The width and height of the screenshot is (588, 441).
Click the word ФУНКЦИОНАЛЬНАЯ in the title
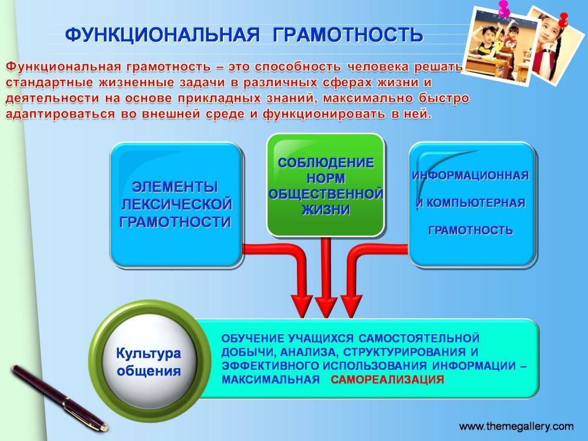[163, 35]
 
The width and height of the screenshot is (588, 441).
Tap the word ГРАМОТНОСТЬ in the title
[347, 35]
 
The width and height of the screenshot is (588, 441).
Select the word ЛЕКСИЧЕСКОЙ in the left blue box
[176, 204]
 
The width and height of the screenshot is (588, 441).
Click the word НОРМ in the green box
[326, 179]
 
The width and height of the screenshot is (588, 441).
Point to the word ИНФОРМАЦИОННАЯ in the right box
[470, 176]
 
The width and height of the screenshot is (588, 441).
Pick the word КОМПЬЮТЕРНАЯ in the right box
[476, 203]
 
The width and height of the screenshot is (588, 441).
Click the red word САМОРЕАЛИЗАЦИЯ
[388, 379]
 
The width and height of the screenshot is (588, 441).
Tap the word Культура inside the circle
[149, 353]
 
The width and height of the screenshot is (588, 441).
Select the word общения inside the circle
[149, 371]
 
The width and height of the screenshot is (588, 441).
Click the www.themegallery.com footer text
[516, 427]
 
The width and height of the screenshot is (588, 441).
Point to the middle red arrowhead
[326, 307]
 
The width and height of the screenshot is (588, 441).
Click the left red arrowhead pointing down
[302, 307]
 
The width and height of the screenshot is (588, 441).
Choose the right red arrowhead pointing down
[351, 307]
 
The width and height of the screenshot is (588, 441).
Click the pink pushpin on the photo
[504, 8]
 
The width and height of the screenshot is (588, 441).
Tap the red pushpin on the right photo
[563, 19]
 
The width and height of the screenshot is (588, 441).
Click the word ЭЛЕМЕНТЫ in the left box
[175, 187]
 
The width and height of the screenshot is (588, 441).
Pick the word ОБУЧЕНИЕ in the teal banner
[253, 338]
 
